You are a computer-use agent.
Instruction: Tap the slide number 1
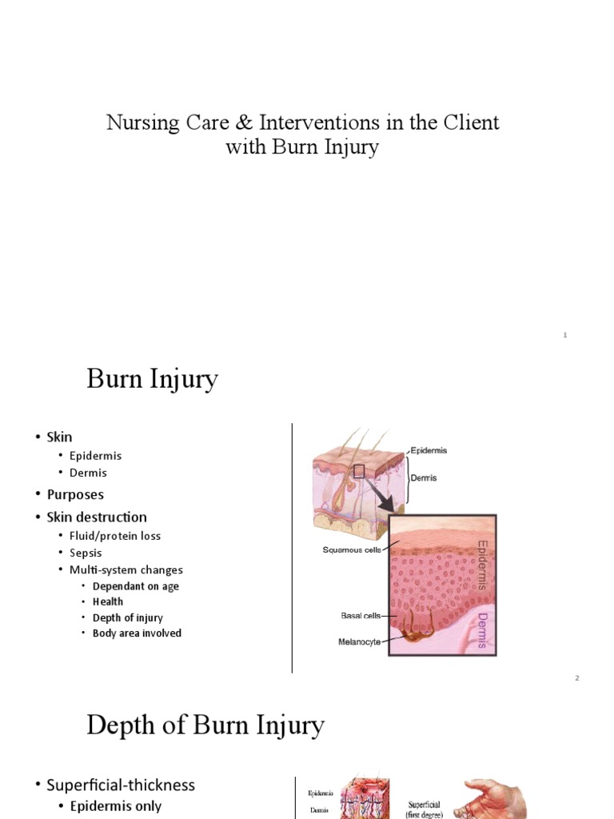(x=565, y=335)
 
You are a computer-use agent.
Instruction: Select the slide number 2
(x=576, y=678)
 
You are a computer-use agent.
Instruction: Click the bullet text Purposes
(x=75, y=494)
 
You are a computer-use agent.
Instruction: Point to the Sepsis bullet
(x=86, y=553)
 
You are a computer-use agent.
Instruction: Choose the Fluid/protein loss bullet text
(x=115, y=536)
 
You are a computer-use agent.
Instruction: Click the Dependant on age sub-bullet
(x=136, y=586)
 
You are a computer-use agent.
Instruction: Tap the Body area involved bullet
(x=137, y=633)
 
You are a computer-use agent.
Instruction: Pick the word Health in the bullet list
(x=108, y=601)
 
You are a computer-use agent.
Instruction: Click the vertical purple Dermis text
(x=481, y=630)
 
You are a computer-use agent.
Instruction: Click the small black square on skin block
(x=359, y=471)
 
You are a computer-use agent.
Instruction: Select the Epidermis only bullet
(x=115, y=806)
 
